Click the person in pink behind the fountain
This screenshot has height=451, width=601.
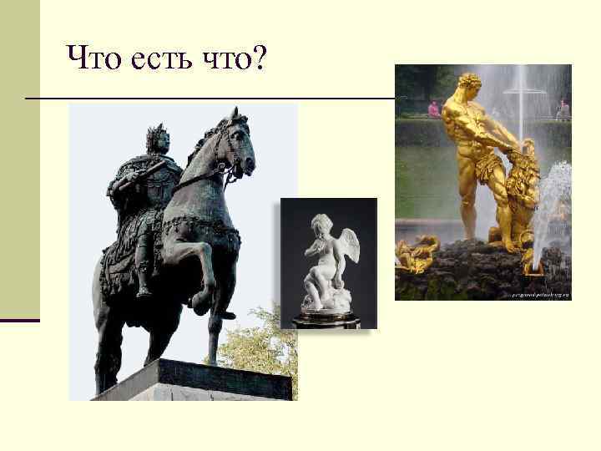point(433,109)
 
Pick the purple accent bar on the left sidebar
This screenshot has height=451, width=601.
point(20,320)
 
